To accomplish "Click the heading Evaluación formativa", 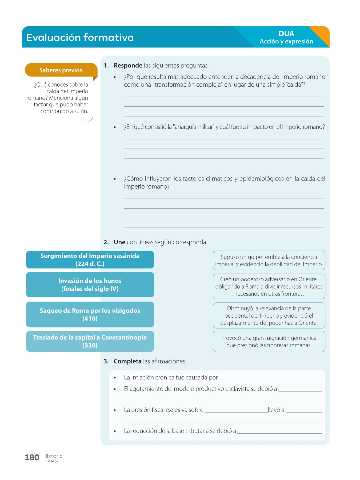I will (x=80, y=37).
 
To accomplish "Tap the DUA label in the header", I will (x=286, y=34).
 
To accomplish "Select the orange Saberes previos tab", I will (x=61, y=70).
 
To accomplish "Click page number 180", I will (x=32, y=458).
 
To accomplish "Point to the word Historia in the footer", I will (x=53, y=456).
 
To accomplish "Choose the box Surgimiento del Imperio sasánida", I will (x=90, y=259).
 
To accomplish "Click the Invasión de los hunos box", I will (x=90, y=285).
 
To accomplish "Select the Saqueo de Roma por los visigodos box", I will (x=90, y=314).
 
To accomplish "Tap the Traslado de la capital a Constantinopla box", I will (x=90, y=341).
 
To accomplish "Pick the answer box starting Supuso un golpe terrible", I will (x=269, y=261).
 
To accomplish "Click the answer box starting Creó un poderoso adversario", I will (x=269, y=286).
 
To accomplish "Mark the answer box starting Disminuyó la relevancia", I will (x=269, y=315).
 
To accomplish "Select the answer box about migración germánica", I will (x=269, y=341).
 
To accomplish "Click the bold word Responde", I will (x=128, y=66).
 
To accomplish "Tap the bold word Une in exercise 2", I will (x=119, y=242).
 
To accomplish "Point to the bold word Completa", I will (x=127, y=361).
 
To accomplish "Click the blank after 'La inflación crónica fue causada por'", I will (x=271, y=378).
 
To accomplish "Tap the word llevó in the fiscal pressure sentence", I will (x=276, y=410).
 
